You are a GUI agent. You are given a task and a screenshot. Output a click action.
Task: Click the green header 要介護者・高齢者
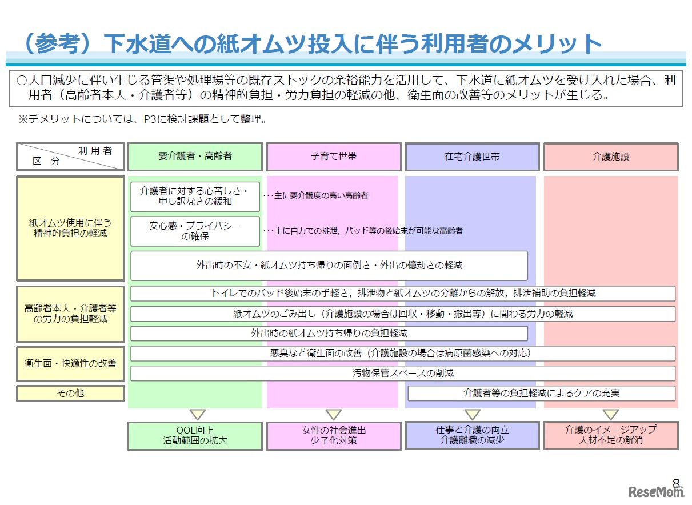[195, 157]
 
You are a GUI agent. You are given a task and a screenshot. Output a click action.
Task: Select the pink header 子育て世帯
[334, 157]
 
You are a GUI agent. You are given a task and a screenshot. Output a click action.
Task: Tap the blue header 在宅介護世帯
[472, 157]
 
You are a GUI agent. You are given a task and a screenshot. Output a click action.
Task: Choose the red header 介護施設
[611, 157]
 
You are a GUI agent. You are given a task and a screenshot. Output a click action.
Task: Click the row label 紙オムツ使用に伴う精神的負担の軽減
[70, 228]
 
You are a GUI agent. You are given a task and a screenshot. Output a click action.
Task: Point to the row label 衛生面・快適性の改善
[70, 363]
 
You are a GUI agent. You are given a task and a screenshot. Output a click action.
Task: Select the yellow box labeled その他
[70, 393]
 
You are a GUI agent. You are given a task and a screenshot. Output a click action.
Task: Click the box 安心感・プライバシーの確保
[195, 231]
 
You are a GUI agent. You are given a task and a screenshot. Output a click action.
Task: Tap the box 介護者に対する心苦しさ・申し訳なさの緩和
[195, 196]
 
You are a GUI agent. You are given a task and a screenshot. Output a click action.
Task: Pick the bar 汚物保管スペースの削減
[403, 374]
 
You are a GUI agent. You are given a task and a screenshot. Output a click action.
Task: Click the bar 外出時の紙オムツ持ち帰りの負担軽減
[329, 333]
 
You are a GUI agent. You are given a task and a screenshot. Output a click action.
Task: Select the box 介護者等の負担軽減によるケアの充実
[541, 393]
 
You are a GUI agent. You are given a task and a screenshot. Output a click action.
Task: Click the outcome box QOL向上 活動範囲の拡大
[195, 435]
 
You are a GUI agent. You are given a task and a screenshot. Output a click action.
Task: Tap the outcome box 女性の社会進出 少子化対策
[334, 435]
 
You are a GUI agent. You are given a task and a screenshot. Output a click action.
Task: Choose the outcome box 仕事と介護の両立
[472, 435]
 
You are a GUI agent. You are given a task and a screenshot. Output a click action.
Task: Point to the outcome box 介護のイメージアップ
[611, 435]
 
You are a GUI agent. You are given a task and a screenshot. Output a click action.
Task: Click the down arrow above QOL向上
[198, 414]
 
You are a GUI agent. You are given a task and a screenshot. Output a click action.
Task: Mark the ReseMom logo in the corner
[657, 492]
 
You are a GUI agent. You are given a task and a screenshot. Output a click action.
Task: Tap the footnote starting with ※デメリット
[143, 120]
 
